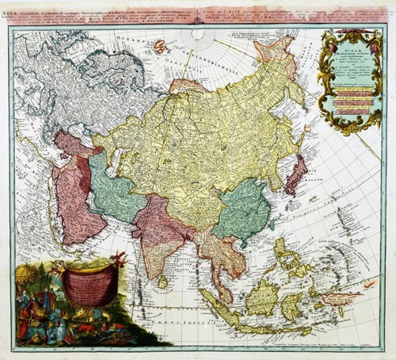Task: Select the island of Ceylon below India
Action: (x=162, y=281)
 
